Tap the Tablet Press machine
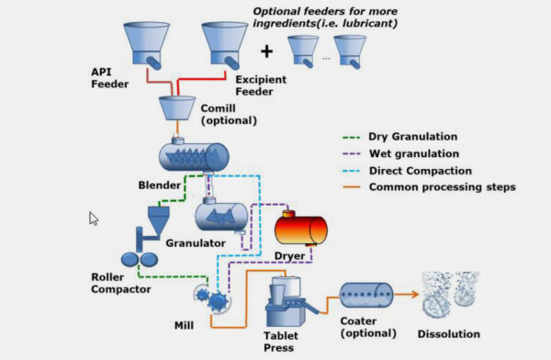click(288, 307)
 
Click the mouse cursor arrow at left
click(93, 219)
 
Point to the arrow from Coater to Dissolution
click(410, 295)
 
